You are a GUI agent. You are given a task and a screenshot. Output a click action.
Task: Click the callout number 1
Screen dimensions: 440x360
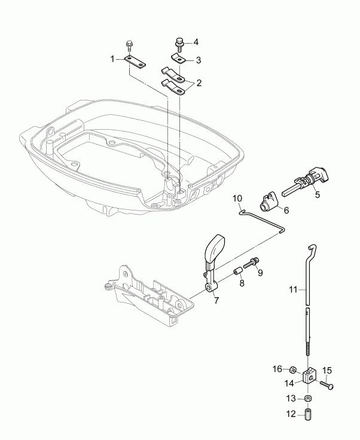tap(111, 59)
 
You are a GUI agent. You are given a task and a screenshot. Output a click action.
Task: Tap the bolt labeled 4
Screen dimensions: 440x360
tap(178, 42)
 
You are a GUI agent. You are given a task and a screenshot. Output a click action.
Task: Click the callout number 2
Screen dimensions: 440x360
tap(198, 82)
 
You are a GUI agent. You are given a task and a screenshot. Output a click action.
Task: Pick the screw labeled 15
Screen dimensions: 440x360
tap(326, 385)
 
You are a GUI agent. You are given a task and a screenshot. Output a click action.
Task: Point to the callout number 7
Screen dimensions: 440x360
tap(216, 300)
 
